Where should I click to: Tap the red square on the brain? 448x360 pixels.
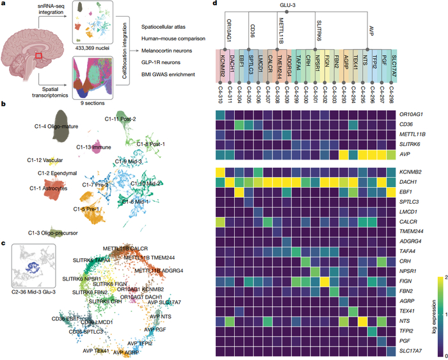(x=39, y=55)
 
